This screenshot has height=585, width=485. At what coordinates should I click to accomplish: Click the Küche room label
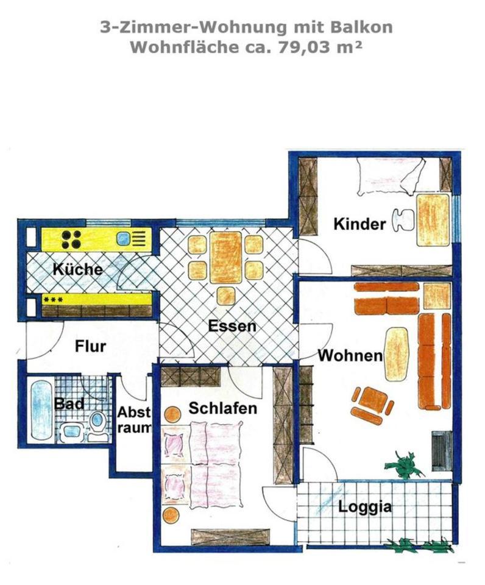pos(77,269)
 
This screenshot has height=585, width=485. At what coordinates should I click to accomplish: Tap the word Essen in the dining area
pos(232,325)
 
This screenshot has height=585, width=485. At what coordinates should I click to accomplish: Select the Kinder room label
pos(359,224)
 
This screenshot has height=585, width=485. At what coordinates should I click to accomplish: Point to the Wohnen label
pos(350,355)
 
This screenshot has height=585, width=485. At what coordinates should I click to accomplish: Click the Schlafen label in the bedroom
pos(223,408)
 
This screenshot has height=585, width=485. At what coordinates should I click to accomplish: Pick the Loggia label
pos(365,506)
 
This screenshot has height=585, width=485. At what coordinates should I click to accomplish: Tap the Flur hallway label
pos(90,346)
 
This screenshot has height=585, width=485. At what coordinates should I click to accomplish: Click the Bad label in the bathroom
pos(69,403)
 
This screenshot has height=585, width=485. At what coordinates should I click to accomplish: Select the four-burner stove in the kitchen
pos(71,239)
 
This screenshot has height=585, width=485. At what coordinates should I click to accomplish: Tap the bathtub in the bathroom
pos(41,409)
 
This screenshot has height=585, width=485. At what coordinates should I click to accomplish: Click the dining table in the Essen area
pos(225,257)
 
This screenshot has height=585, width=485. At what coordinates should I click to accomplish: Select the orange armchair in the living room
pos(372,405)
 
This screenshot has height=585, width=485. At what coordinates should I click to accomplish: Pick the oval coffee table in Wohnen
pos(396,353)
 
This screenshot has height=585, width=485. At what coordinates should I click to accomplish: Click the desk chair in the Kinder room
pos(403,221)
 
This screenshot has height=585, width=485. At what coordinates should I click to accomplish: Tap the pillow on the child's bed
pos(413,175)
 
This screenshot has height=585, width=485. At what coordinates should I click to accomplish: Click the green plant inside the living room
pos(404,464)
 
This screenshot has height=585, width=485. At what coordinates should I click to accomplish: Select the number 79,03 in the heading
pos(305,48)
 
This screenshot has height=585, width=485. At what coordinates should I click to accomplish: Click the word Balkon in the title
pos(361,27)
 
